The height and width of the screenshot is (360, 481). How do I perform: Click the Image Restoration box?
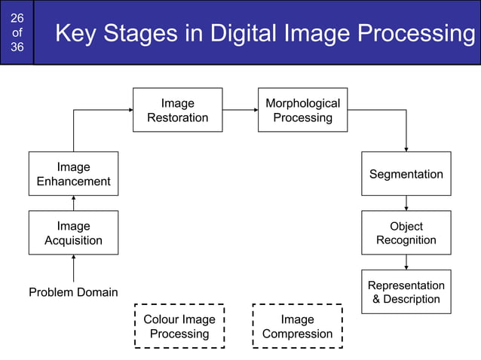[178, 110]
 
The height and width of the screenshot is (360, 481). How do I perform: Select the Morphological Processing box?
[302, 110]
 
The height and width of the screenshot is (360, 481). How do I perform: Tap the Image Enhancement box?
[73, 174]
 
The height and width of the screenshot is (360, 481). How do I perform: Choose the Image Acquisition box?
[73, 233]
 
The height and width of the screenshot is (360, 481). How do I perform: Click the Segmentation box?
[406, 174]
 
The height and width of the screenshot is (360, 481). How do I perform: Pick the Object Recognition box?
[406, 233]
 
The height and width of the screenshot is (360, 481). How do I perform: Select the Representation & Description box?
[406, 292]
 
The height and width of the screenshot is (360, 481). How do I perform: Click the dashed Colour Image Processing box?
[179, 326]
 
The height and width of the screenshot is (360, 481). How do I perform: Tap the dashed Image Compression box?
[297, 326]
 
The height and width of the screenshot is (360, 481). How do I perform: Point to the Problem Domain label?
[73, 292]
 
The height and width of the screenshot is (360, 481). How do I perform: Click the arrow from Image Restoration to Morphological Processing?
[240, 110]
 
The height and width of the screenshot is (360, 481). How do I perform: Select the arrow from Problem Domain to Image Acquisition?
[73, 268]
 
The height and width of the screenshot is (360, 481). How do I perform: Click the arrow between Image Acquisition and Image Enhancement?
[73, 203]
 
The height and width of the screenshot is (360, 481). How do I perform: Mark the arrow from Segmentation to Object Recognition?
[406, 203]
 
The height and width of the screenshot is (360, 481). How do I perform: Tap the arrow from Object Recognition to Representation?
[406, 262]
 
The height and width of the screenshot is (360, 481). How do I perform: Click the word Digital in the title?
[240, 34]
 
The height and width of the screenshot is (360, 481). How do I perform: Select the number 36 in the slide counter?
[17, 47]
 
